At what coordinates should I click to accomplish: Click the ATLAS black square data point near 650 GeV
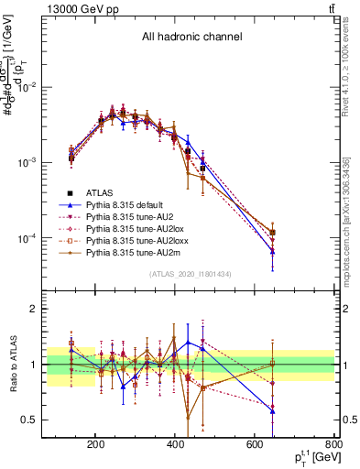pos(272,233)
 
